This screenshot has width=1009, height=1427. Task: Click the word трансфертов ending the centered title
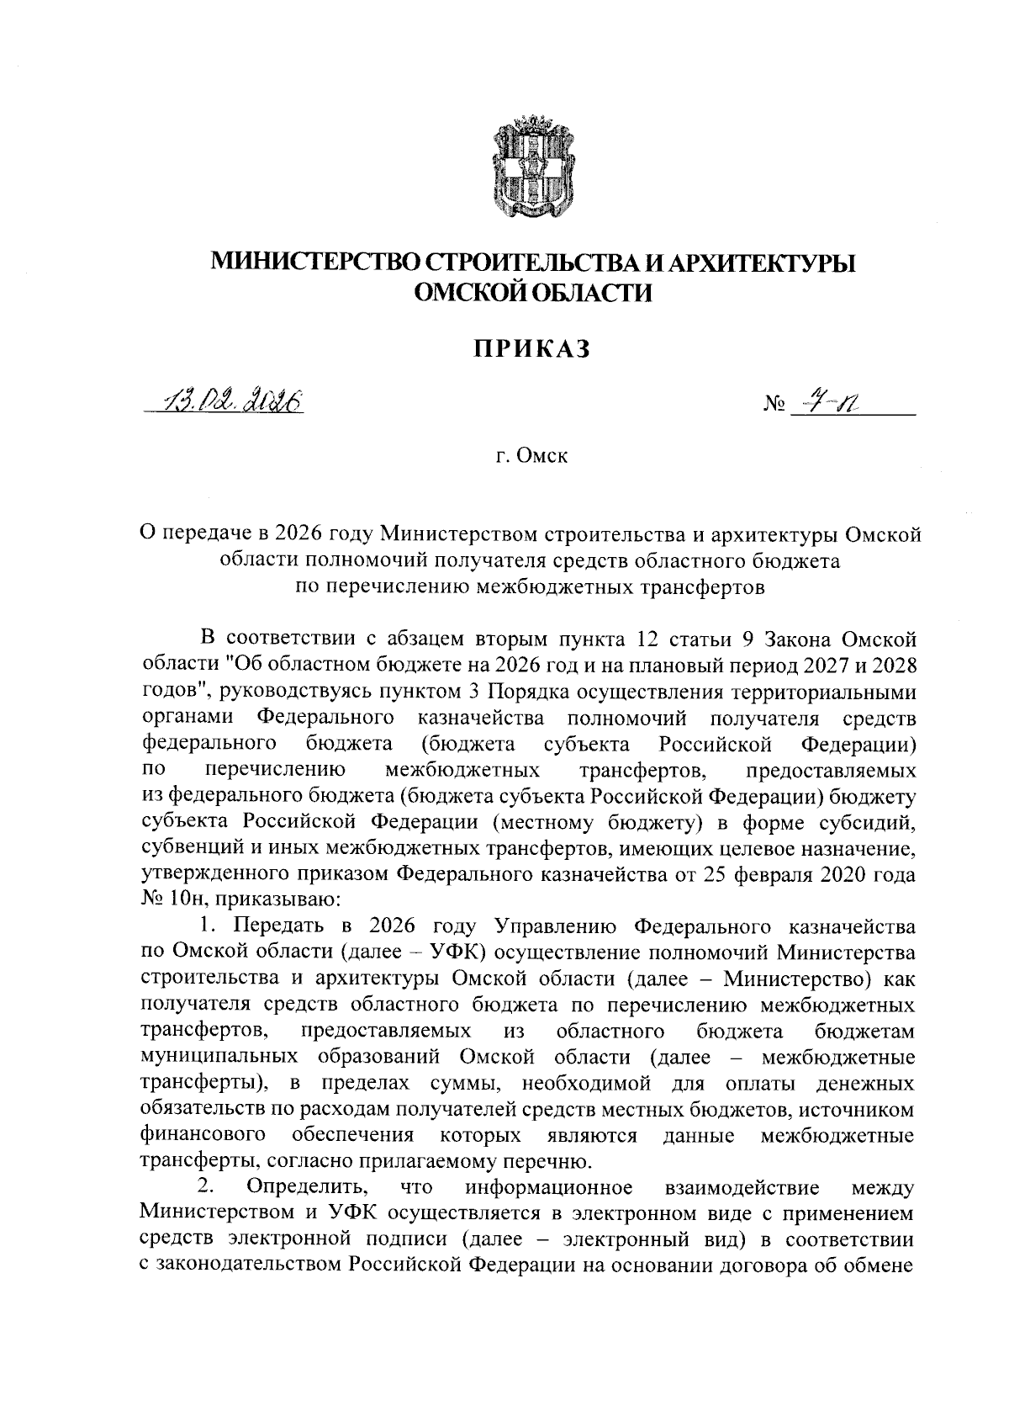pyautogui.click(x=706, y=586)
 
